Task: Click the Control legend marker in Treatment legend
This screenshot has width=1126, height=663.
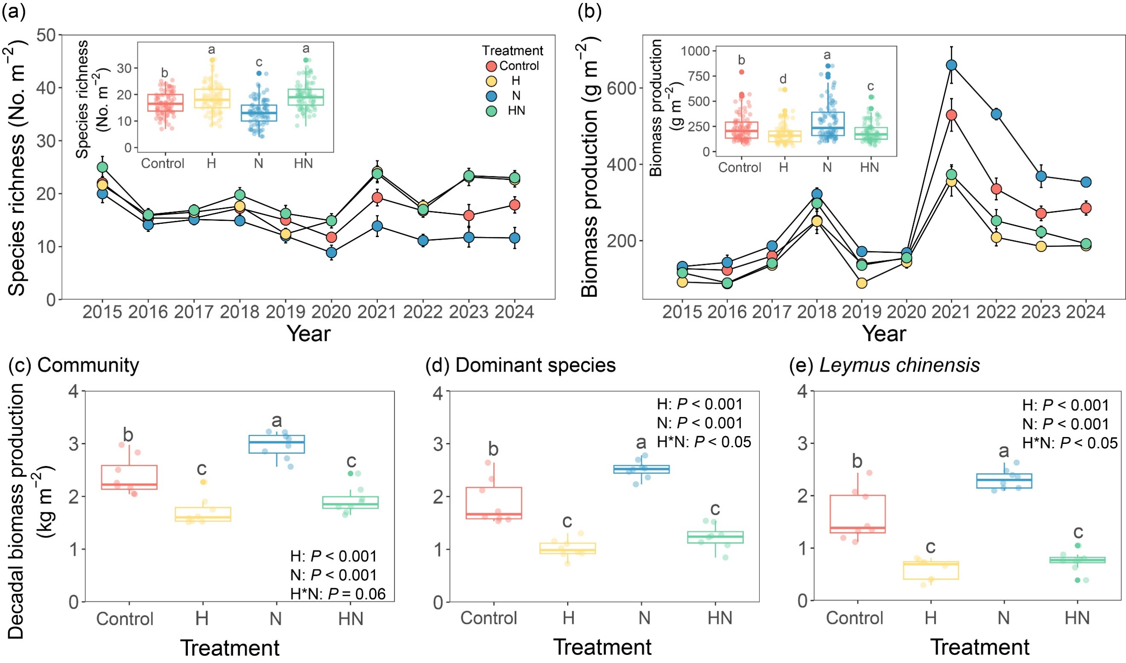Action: click(491, 66)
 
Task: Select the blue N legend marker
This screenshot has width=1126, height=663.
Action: click(491, 96)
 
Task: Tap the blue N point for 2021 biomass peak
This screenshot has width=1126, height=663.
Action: click(951, 65)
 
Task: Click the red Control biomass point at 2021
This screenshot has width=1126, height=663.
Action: click(951, 115)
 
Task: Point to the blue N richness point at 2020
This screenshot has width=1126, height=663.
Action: click(331, 252)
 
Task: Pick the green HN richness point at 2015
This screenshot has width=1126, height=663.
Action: click(102, 167)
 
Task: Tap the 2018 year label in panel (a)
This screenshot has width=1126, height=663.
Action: click(240, 312)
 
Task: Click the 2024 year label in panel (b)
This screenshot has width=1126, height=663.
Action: click(1086, 312)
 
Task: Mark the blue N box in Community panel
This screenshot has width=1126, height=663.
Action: click(277, 444)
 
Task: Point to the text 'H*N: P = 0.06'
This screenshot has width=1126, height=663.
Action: click(337, 594)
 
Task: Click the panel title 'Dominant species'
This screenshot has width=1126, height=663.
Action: click(535, 365)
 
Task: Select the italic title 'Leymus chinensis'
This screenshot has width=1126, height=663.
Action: click(899, 365)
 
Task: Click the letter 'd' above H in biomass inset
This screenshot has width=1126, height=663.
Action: click(783, 79)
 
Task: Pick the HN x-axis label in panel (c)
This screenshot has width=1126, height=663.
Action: click(351, 619)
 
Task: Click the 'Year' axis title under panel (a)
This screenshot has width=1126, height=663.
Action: click(308, 334)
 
